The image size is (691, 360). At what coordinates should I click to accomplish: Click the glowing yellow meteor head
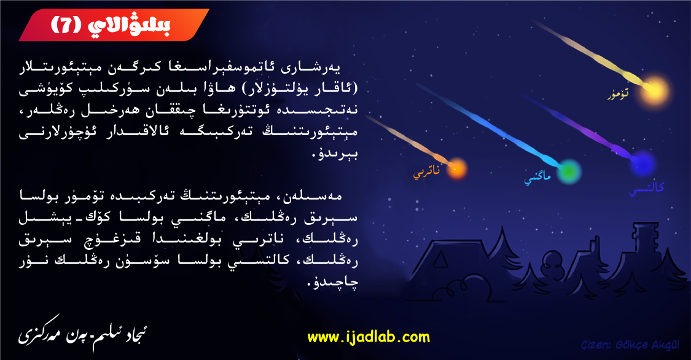654,91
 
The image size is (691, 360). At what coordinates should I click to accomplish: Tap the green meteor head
569,171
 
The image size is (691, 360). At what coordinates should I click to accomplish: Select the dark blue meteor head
642,164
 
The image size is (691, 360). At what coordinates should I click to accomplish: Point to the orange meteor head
457,169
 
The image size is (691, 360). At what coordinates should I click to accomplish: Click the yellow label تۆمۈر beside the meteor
618,94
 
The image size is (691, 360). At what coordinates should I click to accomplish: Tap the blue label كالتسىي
646,189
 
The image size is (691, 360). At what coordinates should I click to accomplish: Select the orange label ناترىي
426,172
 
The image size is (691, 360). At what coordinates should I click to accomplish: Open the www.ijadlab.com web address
369,337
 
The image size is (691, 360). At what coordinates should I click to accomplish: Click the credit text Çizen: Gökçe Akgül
630,345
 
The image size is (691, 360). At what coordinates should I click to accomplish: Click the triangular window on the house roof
440,260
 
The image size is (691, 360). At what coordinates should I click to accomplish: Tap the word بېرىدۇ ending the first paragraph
335,154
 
